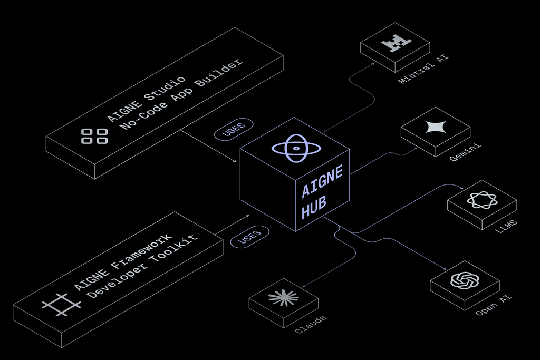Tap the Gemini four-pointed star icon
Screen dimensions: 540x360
click(x=436, y=128)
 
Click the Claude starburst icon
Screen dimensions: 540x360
click(x=283, y=298)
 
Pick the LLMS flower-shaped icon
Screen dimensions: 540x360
click(x=481, y=200)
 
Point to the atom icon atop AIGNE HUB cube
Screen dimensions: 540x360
click(x=294, y=149)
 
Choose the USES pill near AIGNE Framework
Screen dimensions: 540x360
click(x=249, y=237)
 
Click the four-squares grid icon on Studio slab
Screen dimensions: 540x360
click(x=94, y=136)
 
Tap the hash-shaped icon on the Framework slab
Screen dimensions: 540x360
click(x=62, y=304)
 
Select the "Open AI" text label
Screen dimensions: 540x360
click(x=493, y=305)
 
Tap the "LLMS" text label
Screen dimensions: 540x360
click(x=507, y=226)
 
